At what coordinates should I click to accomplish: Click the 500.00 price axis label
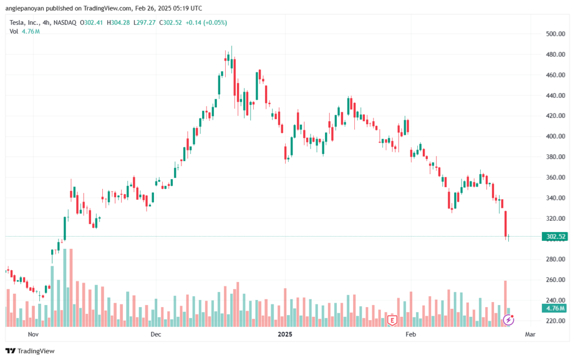pyautogui.click(x=555, y=34)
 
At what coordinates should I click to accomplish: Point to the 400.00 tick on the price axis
pyautogui.click(x=555, y=136)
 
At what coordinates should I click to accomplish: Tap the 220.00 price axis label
pyautogui.click(x=555, y=321)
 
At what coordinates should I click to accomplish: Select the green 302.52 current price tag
pyautogui.click(x=555, y=236)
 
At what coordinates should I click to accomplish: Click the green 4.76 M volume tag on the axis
pyautogui.click(x=555, y=308)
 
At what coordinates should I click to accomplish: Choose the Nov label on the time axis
pyautogui.click(x=33, y=334)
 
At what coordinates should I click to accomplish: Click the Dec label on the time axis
pyautogui.click(x=156, y=334)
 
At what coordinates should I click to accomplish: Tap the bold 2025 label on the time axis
pyautogui.click(x=285, y=334)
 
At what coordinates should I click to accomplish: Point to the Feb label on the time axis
pyautogui.click(x=410, y=334)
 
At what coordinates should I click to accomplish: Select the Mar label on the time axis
pyautogui.click(x=530, y=334)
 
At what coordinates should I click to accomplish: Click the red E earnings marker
pyautogui.click(x=392, y=320)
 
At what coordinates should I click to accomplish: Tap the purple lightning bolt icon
pyautogui.click(x=508, y=320)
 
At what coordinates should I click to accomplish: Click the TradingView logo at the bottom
pyautogui.click(x=30, y=351)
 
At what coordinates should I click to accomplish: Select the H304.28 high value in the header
pyautogui.click(x=118, y=22)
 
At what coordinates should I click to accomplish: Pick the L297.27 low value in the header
pyautogui.click(x=144, y=22)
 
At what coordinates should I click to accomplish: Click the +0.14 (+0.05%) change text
pyautogui.click(x=206, y=22)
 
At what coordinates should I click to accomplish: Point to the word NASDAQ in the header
pyautogui.click(x=65, y=22)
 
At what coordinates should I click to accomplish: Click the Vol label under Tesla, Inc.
pyautogui.click(x=13, y=31)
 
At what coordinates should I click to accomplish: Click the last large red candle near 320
pyautogui.click(x=506, y=224)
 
